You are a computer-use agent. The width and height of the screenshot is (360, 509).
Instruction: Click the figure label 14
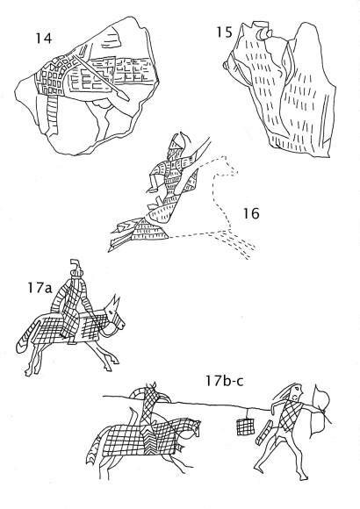click(x=43, y=38)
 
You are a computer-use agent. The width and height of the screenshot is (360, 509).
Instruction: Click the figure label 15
click(x=225, y=32)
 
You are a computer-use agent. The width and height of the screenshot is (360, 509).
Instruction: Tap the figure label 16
click(x=251, y=213)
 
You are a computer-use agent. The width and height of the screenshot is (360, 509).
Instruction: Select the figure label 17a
click(x=40, y=288)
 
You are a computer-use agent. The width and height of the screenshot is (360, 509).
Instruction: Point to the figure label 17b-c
click(x=224, y=381)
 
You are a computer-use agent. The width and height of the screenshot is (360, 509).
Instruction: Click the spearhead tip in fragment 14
click(x=128, y=99)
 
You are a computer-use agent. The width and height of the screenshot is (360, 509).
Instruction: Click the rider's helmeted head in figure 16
click(x=176, y=144)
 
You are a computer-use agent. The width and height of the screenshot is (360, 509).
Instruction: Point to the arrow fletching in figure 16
click(x=121, y=234)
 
